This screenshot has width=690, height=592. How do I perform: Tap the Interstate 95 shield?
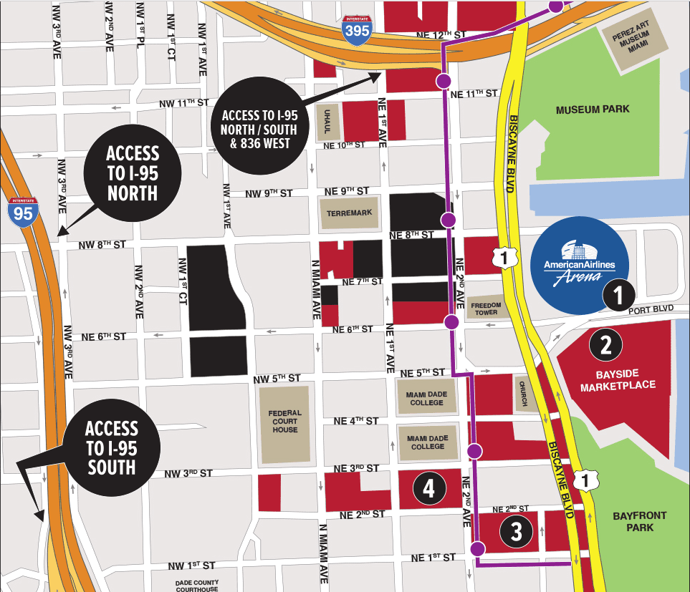(24, 213)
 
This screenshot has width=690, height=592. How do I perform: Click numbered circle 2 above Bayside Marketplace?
(605, 346)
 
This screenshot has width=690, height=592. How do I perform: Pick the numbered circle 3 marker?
(516, 531)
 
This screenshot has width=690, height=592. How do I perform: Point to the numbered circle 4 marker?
(428, 489)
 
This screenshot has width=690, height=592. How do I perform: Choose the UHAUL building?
(327, 125)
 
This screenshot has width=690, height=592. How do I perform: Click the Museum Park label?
(593, 110)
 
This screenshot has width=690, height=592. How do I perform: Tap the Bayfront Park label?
(640, 521)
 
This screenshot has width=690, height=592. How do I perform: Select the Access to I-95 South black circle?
(110, 448)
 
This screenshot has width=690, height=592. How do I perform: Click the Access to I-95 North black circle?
(132, 173)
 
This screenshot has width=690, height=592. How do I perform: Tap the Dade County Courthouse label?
(197, 586)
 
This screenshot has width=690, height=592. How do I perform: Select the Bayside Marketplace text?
(618, 379)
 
